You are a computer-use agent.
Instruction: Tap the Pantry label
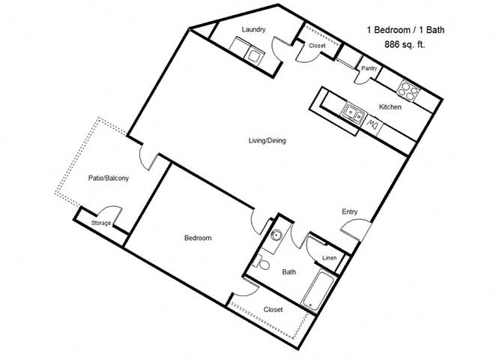coord(369,68)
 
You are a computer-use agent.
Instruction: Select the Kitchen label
coord(390,107)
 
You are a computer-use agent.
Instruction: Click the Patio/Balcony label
coord(109,178)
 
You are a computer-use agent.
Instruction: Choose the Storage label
coord(102,223)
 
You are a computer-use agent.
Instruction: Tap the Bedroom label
coord(198,238)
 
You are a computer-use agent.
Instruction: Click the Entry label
coord(349,211)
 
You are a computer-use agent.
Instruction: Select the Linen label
coord(329,259)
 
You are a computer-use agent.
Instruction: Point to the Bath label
coord(288,273)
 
